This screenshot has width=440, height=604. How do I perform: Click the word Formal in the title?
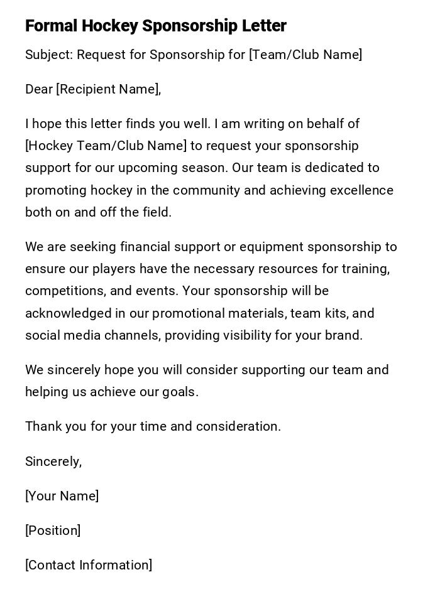pyautogui.click(x=51, y=26)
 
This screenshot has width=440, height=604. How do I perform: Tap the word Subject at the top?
pyautogui.click(x=48, y=55)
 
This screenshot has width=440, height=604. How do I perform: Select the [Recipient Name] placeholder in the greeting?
pyautogui.click(x=107, y=89)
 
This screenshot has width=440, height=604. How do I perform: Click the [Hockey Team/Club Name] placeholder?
pyautogui.click(x=106, y=146)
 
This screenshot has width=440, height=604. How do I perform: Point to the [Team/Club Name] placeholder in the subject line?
pyautogui.click(x=305, y=55)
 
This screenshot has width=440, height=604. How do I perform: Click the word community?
pyautogui.click(x=209, y=190)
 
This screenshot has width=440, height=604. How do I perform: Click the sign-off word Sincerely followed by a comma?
pyautogui.click(x=53, y=461)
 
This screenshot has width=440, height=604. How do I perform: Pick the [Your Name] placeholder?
pyautogui.click(x=62, y=496)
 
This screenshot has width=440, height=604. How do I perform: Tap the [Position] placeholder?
pyautogui.click(x=53, y=531)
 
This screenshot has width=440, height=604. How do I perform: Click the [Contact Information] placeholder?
pyautogui.click(x=89, y=565)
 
